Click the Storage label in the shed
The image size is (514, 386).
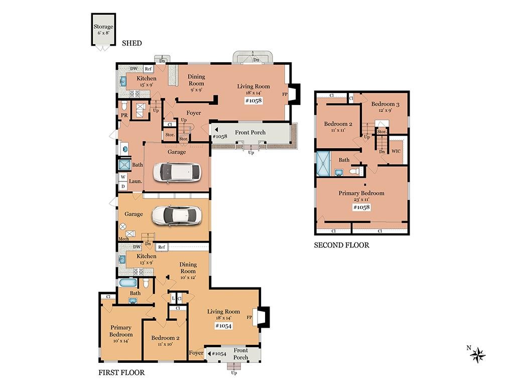103,27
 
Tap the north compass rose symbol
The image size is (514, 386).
478,355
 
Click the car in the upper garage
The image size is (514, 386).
177,173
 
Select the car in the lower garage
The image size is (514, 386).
176,216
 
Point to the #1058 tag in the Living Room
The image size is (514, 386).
253,101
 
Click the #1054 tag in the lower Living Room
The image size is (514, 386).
223,326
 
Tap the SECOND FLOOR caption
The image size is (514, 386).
341,245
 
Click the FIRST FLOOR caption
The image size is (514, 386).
121,372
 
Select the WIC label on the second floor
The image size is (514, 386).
396,151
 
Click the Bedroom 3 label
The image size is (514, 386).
385,104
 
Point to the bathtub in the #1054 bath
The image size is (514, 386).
128,282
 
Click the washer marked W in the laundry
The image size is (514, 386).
123,177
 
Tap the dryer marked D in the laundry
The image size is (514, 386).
123,186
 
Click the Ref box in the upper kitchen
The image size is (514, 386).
149,68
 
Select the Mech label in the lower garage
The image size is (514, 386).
123,239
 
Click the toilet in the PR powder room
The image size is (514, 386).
124,106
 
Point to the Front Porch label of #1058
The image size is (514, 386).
250,132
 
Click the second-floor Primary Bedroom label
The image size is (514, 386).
361,193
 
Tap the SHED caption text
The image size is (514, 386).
132,43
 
